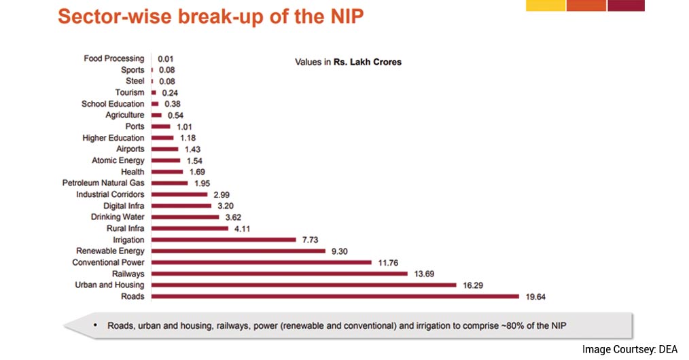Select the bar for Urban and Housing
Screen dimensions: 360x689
click(304, 285)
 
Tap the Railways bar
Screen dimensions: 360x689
click(281, 274)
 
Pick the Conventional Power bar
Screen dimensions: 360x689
click(262, 262)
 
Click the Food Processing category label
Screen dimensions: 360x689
click(114, 58)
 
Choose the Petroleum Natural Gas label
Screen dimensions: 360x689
click(103, 183)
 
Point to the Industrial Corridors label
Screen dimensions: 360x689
click(110, 194)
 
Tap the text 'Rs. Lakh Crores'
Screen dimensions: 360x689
click(367, 62)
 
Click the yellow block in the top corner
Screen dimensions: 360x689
click(545, 5)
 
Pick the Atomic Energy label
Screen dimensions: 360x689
click(118, 160)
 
